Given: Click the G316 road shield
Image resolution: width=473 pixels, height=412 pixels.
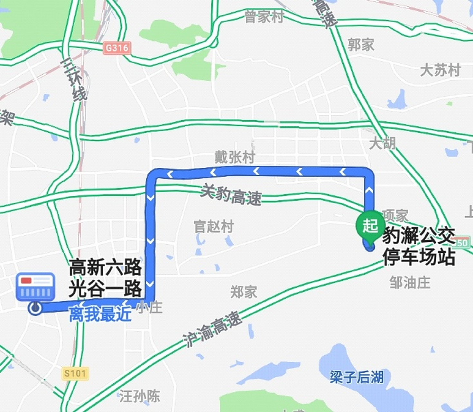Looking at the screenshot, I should (117, 48).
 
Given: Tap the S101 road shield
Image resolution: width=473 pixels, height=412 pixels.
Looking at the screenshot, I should (75, 373).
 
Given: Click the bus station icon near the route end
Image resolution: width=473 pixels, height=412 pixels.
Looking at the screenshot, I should (36, 286).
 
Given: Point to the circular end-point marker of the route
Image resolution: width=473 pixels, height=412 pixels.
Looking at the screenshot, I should (35, 308).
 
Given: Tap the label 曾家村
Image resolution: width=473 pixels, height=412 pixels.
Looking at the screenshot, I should (264, 17).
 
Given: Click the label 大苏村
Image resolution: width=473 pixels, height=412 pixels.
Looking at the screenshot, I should (440, 70).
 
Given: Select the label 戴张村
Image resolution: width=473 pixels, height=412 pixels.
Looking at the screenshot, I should (235, 157).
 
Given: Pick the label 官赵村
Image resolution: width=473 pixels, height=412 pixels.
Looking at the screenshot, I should (213, 227).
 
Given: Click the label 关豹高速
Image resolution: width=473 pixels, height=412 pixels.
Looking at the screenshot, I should (231, 195).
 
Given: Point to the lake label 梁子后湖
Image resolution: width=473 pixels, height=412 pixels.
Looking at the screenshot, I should (357, 377).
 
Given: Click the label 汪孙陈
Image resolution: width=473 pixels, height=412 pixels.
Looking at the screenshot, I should (140, 396).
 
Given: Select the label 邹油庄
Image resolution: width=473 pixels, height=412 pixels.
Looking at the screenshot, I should (410, 283).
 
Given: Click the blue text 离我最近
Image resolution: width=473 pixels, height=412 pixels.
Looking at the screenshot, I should (100, 314).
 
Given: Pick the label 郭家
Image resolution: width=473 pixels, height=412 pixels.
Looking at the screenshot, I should (361, 44).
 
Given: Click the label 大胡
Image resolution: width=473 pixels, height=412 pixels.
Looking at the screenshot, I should (382, 143).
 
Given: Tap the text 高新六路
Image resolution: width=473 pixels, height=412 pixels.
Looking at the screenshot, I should (105, 267).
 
